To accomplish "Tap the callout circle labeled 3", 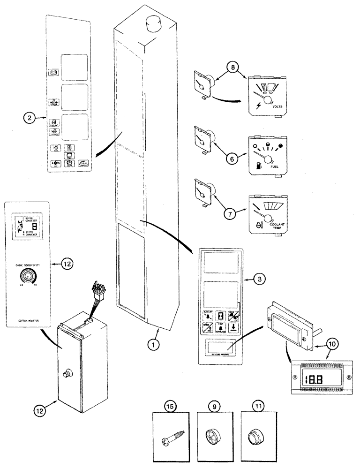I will click(261, 279).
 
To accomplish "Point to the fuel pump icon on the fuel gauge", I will click(258, 166).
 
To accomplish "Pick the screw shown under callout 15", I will click(171, 430).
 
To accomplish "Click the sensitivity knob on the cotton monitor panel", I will click(26, 277).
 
